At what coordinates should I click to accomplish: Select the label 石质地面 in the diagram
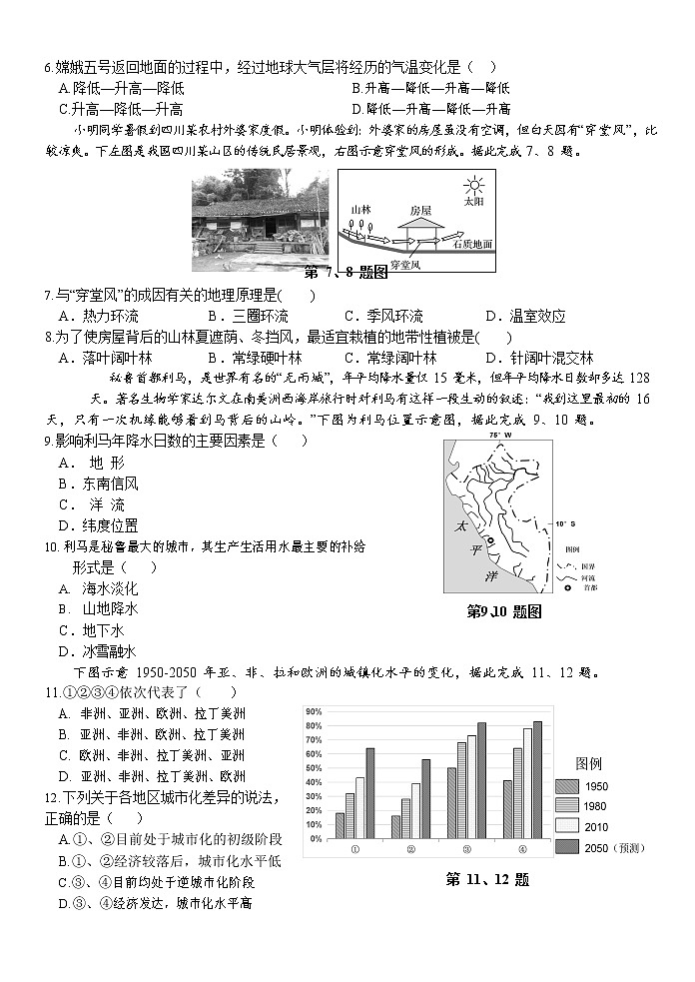point(472,244)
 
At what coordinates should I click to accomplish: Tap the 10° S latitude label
point(566,522)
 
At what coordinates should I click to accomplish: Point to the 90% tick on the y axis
point(312,712)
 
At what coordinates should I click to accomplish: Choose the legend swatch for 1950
point(566,786)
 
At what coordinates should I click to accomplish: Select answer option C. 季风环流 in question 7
point(383,316)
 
